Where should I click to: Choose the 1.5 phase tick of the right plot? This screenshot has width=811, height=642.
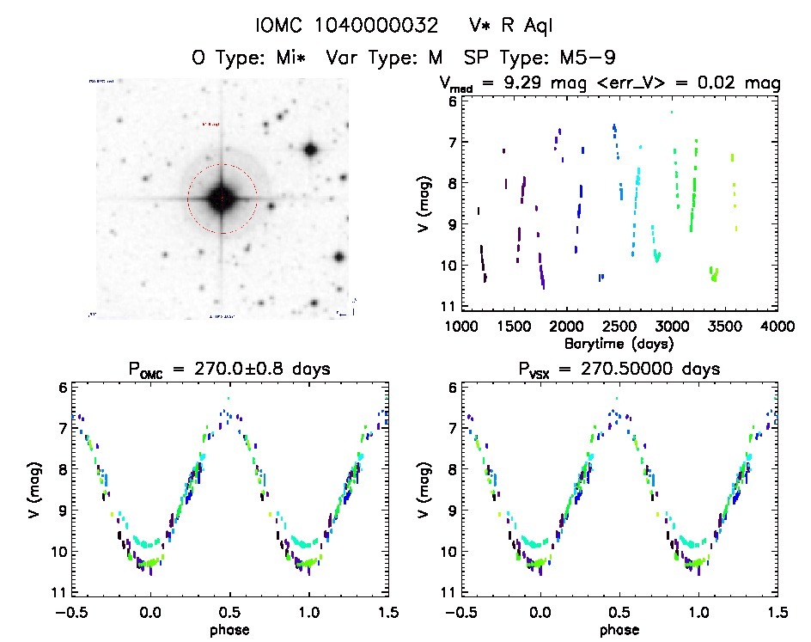point(777,612)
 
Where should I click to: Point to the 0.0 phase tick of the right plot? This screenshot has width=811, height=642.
point(540,612)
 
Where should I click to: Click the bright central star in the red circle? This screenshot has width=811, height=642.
point(223,198)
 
